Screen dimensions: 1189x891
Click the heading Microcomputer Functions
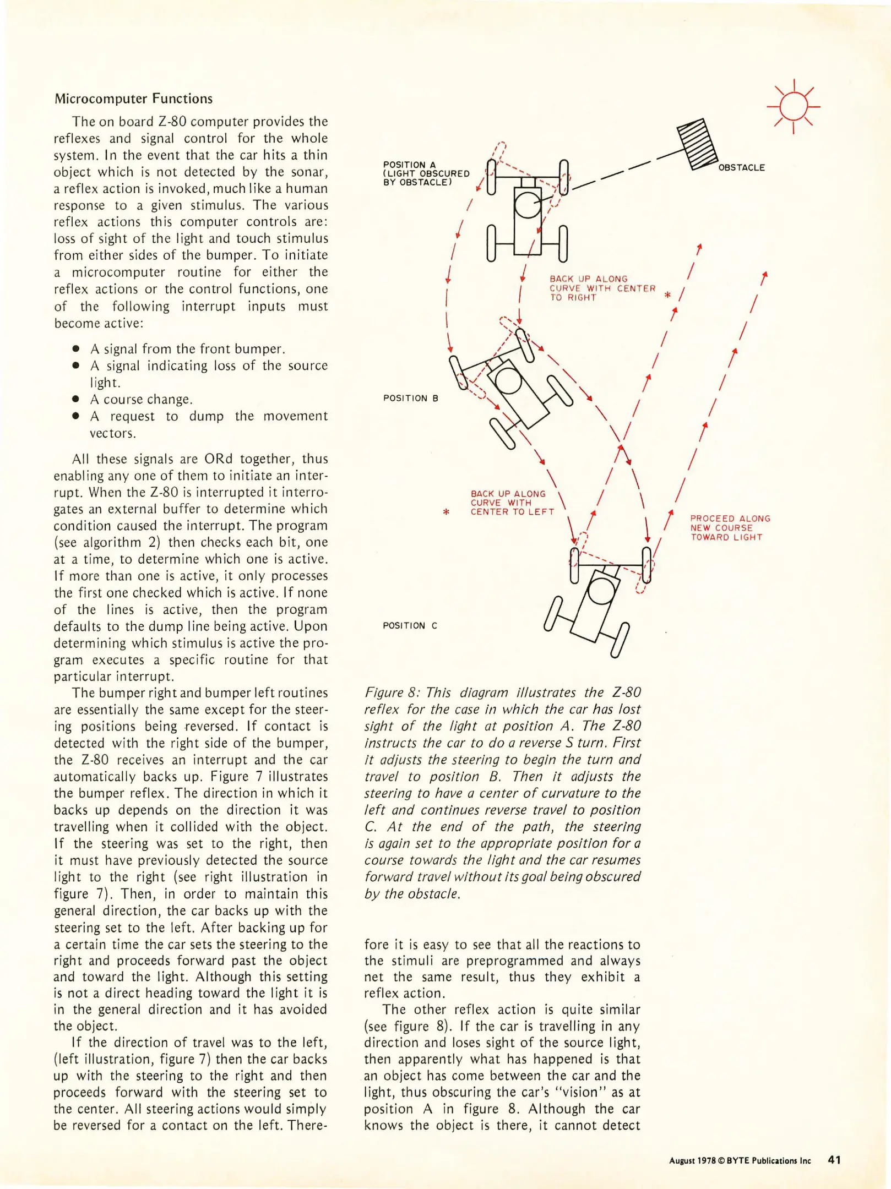click(133, 99)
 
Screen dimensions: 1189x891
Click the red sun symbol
click(793, 107)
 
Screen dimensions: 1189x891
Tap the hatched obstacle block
click(697, 144)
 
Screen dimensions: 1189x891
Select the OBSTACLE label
click(741, 167)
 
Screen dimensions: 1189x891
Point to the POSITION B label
click(410, 398)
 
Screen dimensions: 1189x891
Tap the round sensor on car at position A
click(528, 205)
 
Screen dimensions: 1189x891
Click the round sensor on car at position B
click(508, 380)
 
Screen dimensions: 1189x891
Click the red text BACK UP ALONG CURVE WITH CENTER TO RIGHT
click(602, 288)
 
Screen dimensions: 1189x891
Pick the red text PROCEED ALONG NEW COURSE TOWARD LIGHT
click(730, 528)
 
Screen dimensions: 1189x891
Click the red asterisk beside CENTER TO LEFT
click(446, 512)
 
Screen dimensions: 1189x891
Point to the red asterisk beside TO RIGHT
click(667, 296)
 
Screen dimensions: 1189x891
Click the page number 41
click(834, 1160)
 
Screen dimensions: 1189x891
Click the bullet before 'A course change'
click(76, 399)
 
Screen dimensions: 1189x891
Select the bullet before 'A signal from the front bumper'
click(76, 349)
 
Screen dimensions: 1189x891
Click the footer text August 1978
click(692, 1160)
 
